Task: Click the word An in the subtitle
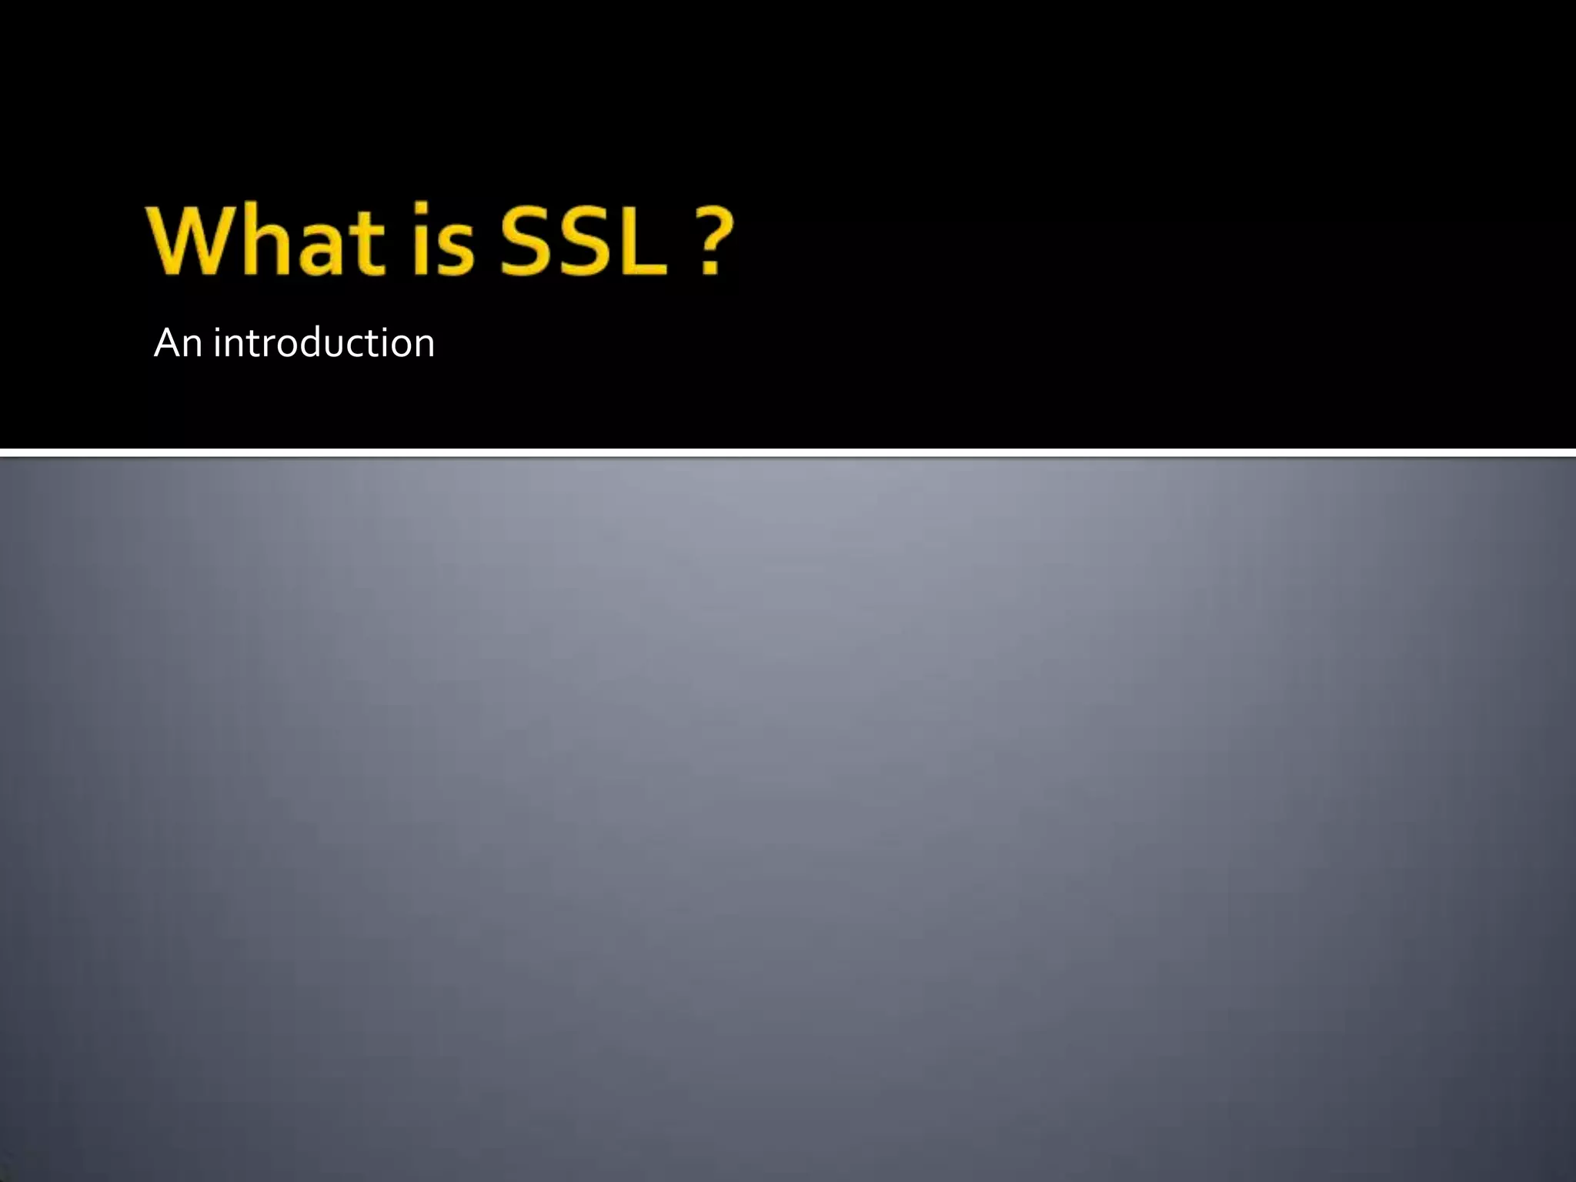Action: click(x=178, y=343)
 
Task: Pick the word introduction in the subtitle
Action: click(x=324, y=343)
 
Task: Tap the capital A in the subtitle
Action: click(x=167, y=343)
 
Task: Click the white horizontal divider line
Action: click(x=788, y=452)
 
